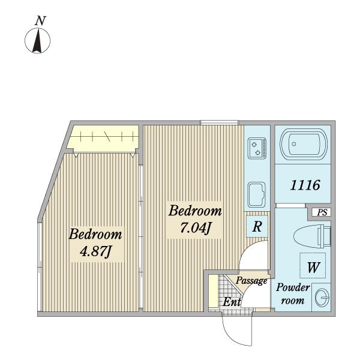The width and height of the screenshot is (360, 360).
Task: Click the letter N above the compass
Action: (x=40, y=20)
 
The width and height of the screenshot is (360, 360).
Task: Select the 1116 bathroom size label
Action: (x=304, y=185)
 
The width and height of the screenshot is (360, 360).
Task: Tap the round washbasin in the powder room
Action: (x=320, y=298)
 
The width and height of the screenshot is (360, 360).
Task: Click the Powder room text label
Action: (x=292, y=293)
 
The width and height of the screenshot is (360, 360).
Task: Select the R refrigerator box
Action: (x=257, y=227)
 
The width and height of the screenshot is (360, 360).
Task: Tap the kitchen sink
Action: (x=257, y=194)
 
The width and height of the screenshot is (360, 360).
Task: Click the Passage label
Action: (x=251, y=281)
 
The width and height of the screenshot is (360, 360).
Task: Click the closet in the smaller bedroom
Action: (x=105, y=137)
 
